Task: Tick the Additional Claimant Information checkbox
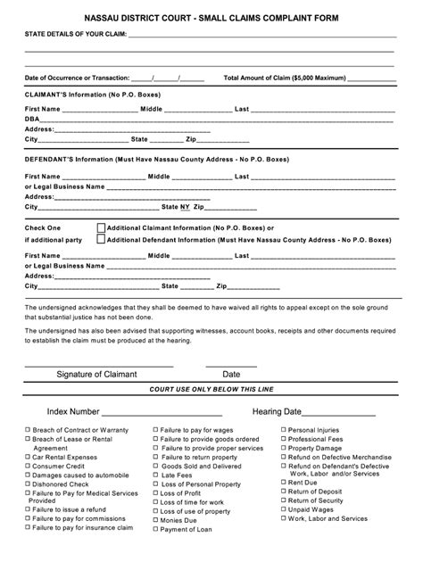click(100, 227)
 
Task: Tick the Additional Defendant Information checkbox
click(100, 240)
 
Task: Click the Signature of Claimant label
click(96, 375)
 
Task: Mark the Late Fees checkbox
click(156, 475)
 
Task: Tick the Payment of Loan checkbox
click(156, 530)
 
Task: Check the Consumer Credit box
click(28, 465)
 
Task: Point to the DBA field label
click(32, 119)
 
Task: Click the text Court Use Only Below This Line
click(211, 390)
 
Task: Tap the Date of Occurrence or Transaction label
click(77, 78)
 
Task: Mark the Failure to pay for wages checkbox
click(156, 430)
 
